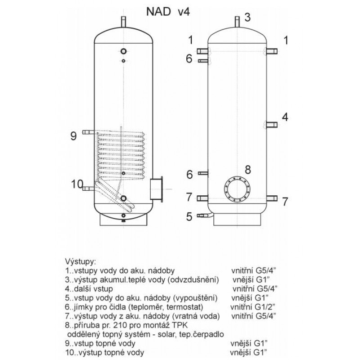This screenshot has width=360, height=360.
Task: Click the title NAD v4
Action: [168, 12]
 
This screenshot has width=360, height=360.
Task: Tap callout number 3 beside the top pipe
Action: [247, 17]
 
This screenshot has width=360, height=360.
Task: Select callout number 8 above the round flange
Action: [248, 170]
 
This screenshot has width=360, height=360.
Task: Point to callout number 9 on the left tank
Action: [73, 136]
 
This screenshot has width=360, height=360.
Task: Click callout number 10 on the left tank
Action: [77, 184]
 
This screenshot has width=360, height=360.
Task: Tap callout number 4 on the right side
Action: [285, 117]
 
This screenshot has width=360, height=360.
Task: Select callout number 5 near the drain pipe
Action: [189, 217]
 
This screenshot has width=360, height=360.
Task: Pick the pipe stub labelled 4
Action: [272, 125]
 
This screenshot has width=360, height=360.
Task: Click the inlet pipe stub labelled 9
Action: [88, 132]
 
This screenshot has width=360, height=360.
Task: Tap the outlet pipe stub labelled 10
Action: [88, 189]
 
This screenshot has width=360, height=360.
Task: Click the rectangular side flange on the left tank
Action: [157, 189]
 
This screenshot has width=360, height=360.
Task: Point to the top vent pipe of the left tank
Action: [123, 22]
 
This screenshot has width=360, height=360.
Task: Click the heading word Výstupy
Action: [81, 262]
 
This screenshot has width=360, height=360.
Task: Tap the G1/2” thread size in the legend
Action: [265, 307]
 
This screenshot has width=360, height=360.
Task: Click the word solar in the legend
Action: [164, 334]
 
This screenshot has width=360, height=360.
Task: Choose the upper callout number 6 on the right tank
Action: [189, 58]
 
